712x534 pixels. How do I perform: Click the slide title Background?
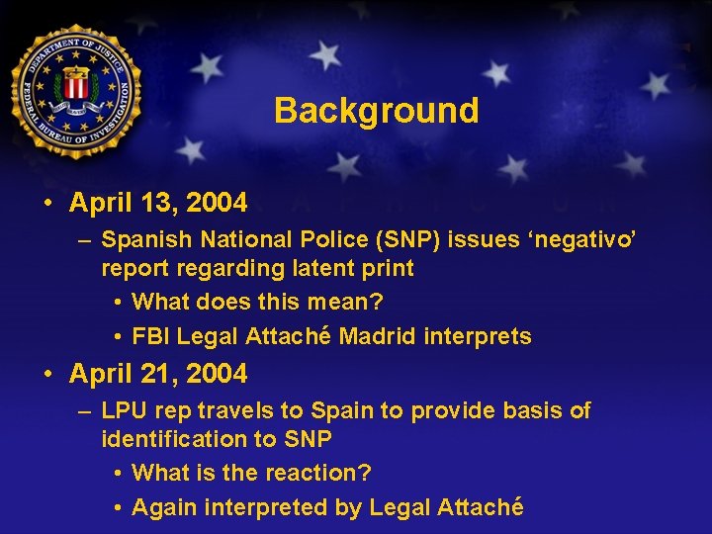click(376, 110)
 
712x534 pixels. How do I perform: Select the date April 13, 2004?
click(158, 204)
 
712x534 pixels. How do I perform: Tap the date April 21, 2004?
click(158, 374)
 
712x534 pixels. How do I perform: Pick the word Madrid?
click(378, 337)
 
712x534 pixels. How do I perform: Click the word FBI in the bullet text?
click(152, 337)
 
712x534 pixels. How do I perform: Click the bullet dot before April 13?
click(47, 205)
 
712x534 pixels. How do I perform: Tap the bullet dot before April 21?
click(47, 375)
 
